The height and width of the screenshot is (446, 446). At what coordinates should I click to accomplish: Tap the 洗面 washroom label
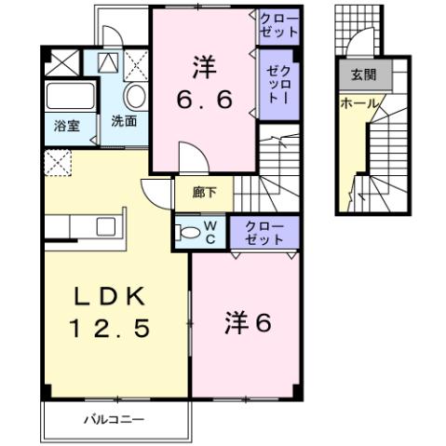click(125, 120)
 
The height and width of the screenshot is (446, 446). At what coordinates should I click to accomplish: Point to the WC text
click(209, 230)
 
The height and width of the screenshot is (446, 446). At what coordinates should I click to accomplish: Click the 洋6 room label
click(247, 323)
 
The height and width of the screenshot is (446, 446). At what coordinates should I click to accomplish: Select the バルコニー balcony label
click(115, 420)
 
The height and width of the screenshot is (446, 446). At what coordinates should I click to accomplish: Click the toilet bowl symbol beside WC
click(187, 231)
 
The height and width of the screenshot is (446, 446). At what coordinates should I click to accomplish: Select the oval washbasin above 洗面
click(134, 96)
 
